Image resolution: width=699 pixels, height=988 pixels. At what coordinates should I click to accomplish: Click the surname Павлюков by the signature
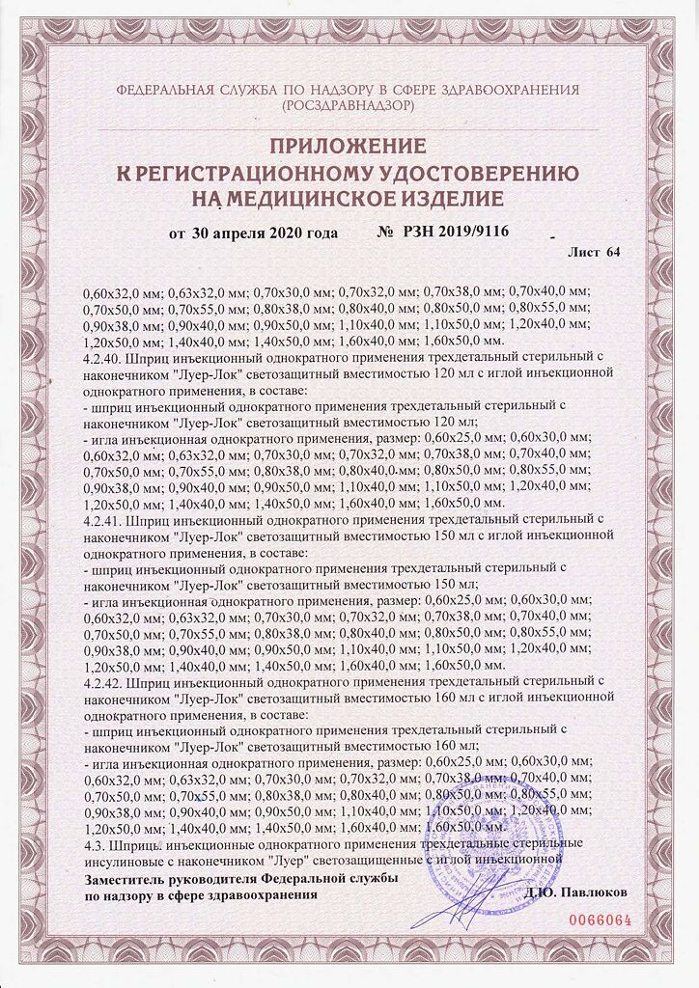pyautogui.click(x=592, y=893)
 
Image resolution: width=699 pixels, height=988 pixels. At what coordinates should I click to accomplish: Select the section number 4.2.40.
pyautogui.click(x=104, y=356)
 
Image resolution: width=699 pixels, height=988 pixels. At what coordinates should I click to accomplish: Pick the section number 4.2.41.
pyautogui.click(x=104, y=519)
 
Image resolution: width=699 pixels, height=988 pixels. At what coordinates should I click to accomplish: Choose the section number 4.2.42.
pyautogui.click(x=104, y=682)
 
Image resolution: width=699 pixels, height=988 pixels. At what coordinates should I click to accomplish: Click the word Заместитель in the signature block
pyautogui.click(x=128, y=880)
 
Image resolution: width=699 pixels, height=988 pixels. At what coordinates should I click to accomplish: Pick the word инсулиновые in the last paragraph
pyautogui.click(x=126, y=861)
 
